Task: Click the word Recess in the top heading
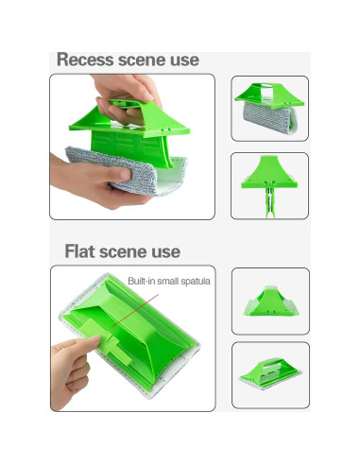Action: pos(85,60)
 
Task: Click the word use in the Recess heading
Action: pos(184,60)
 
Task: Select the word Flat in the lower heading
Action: pos(79,251)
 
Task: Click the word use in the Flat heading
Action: pos(166,252)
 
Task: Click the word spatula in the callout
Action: pos(196,282)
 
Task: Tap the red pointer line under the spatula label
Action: pos(135,311)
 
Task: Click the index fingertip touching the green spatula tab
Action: pos(94,339)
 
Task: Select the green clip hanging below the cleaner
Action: pos(270,202)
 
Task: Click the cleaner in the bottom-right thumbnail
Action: pos(270,373)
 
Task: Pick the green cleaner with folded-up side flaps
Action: pos(271,301)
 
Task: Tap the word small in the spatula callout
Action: pos(168,281)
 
